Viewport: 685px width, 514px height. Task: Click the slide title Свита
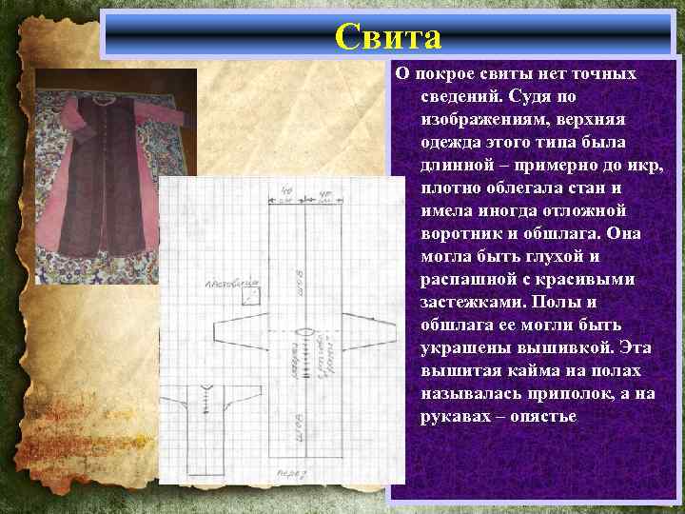388,37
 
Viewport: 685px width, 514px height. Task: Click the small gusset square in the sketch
251,296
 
